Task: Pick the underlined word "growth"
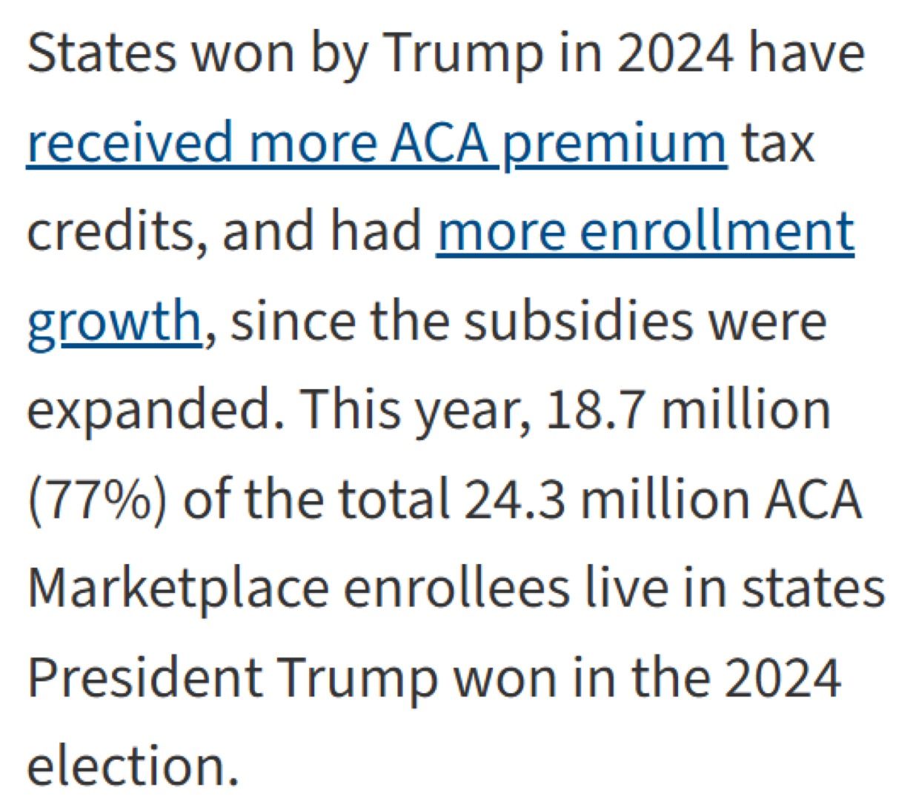coord(113,322)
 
